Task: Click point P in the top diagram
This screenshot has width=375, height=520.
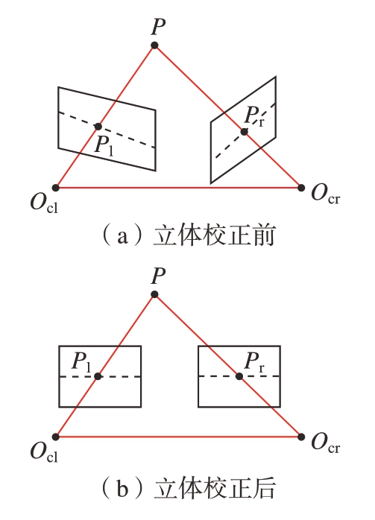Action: (x=154, y=45)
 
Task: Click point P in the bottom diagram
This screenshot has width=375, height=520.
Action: (x=154, y=294)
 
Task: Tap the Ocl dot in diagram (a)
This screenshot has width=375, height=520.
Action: (x=55, y=188)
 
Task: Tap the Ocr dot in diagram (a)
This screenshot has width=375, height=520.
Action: (x=301, y=188)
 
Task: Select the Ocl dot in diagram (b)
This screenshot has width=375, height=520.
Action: (x=55, y=437)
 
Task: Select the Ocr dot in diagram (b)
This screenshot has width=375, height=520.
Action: (x=301, y=437)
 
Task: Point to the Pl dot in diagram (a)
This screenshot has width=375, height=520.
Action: (x=98, y=127)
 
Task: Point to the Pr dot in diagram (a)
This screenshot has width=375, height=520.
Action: (x=245, y=132)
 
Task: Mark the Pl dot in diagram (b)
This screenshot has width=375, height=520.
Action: (x=98, y=376)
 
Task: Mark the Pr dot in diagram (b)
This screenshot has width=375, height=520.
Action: (x=239, y=376)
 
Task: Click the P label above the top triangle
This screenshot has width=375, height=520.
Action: (x=158, y=27)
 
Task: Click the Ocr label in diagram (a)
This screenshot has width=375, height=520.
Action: (x=326, y=194)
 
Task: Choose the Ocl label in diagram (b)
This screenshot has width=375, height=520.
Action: (x=44, y=452)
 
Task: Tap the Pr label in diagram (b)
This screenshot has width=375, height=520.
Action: (x=255, y=362)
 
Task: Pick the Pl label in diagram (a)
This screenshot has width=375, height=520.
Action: (x=104, y=145)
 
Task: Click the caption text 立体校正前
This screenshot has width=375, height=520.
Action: (x=215, y=235)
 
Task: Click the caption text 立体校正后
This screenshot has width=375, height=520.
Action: (x=215, y=488)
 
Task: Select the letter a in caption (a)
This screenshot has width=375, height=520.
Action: (x=122, y=237)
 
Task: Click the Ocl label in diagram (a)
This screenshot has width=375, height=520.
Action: (x=44, y=203)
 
